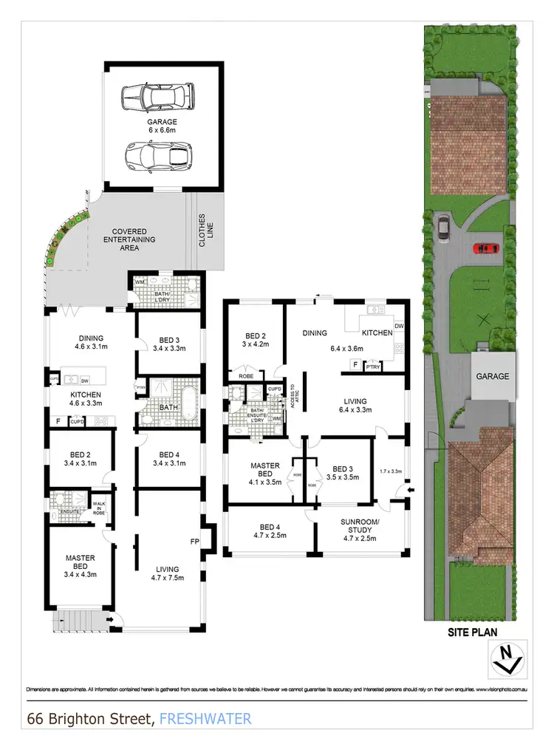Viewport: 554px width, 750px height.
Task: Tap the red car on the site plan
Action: click(x=485, y=248)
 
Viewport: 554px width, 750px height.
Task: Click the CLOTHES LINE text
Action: click(x=202, y=231)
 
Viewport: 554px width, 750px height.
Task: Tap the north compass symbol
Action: click(x=507, y=658)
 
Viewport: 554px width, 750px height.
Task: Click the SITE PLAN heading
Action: click(x=472, y=632)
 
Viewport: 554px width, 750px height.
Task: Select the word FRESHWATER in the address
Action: click(x=205, y=717)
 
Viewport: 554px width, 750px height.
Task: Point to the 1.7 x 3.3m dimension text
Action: click(x=389, y=471)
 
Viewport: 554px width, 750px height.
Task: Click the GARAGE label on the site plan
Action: click(x=492, y=376)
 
